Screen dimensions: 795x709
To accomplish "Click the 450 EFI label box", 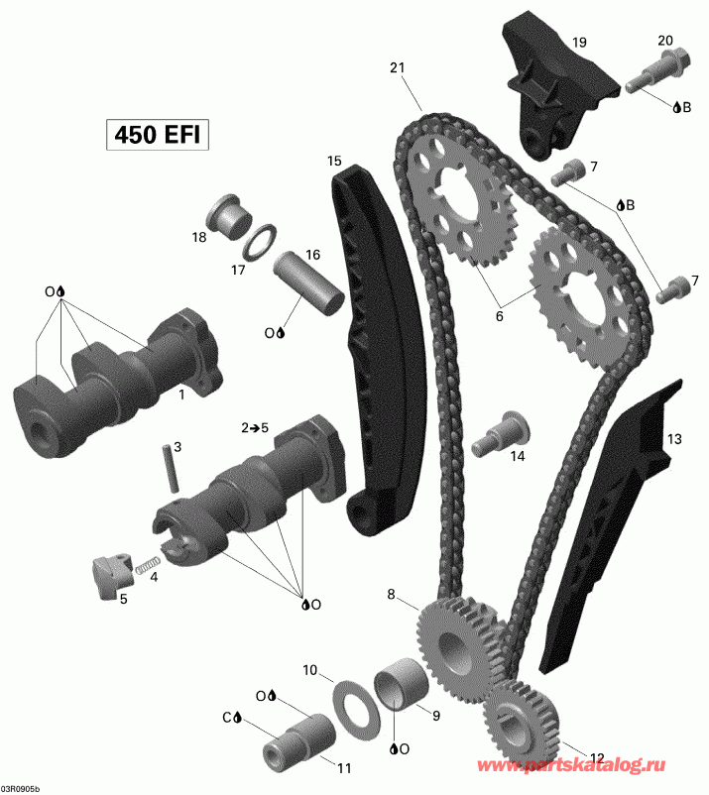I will point(159,134).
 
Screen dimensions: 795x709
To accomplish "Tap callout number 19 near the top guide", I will point(579,42).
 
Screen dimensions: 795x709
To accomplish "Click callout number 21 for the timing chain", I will point(398,67).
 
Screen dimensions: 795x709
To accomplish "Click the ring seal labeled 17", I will point(261,241).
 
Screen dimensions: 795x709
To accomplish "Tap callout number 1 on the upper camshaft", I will point(181,394).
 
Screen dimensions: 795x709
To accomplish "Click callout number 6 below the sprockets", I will point(500,316).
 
